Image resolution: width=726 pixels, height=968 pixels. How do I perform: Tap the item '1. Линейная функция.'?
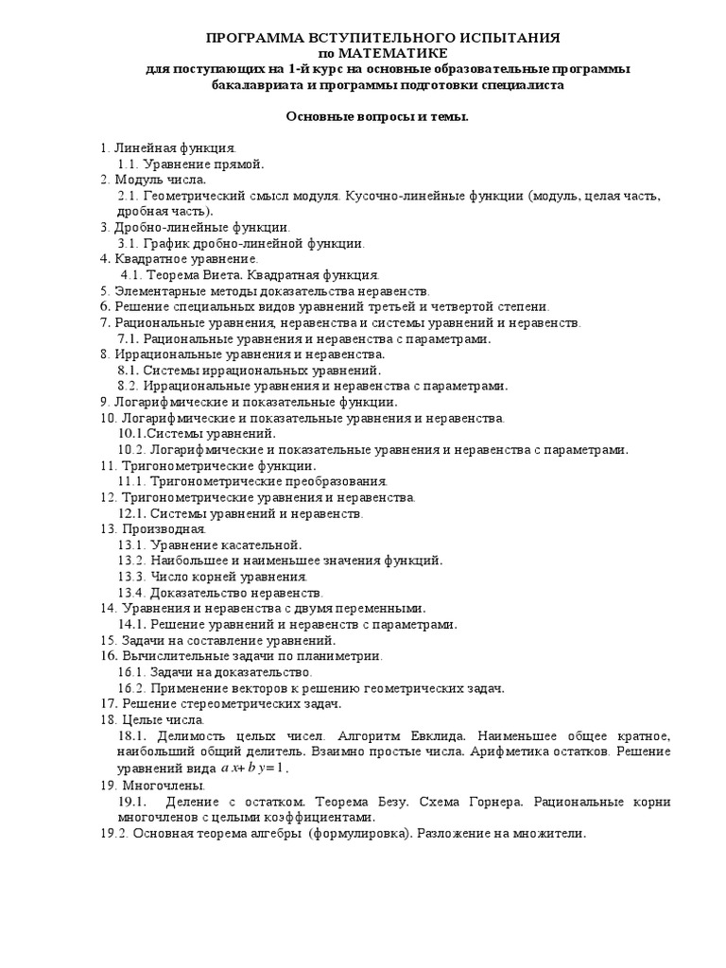click(x=168, y=148)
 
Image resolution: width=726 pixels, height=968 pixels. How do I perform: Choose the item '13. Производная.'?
click(x=152, y=528)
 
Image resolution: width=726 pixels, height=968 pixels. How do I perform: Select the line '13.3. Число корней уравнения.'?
click(x=213, y=576)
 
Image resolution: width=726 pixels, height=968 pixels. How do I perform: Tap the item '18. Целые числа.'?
click(x=151, y=719)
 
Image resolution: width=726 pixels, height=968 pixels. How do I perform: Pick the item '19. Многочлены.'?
click(x=152, y=785)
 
